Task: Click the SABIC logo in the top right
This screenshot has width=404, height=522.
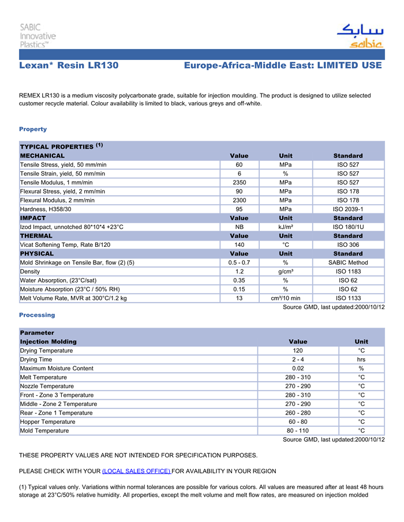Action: pyautogui.click(x=360, y=36)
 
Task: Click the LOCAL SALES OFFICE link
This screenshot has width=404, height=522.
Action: pyautogui.click(x=136, y=471)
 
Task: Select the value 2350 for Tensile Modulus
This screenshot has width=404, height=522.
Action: pyautogui.click(x=239, y=183)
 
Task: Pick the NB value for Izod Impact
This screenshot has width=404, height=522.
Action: pyautogui.click(x=239, y=227)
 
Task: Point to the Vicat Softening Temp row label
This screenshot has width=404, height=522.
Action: pyautogui.click(x=65, y=245)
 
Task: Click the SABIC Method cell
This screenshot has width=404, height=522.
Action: pyautogui.click(x=348, y=263)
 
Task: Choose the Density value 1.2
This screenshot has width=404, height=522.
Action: pyautogui.click(x=239, y=272)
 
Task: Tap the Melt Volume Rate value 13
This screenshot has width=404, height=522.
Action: pyautogui.click(x=239, y=298)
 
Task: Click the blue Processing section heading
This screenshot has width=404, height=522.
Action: pyautogui.click(x=37, y=315)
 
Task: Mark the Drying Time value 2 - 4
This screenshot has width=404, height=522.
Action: pyautogui.click(x=298, y=359)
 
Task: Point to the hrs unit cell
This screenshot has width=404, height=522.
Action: pyautogui.click(x=361, y=359)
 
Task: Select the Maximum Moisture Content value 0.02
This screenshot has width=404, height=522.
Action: pyautogui.click(x=298, y=369)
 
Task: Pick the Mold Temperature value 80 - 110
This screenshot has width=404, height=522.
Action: pyautogui.click(x=298, y=431)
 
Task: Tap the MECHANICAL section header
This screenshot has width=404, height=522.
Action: pyautogui.click(x=43, y=156)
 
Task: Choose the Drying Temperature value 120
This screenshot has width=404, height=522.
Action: pyautogui.click(x=298, y=351)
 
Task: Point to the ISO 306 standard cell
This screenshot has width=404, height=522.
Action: pyautogui.click(x=348, y=245)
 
